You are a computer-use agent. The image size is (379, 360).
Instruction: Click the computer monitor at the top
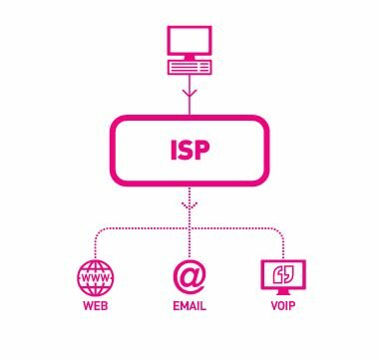(189, 42)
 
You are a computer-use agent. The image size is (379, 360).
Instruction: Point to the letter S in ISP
(187, 153)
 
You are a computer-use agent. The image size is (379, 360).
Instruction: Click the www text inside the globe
(96, 273)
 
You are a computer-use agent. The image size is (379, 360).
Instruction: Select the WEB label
(96, 305)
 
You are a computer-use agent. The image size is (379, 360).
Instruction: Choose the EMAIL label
(189, 305)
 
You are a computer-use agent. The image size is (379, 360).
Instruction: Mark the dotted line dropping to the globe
(96, 244)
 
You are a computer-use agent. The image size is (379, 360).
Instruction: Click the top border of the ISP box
(189, 119)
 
